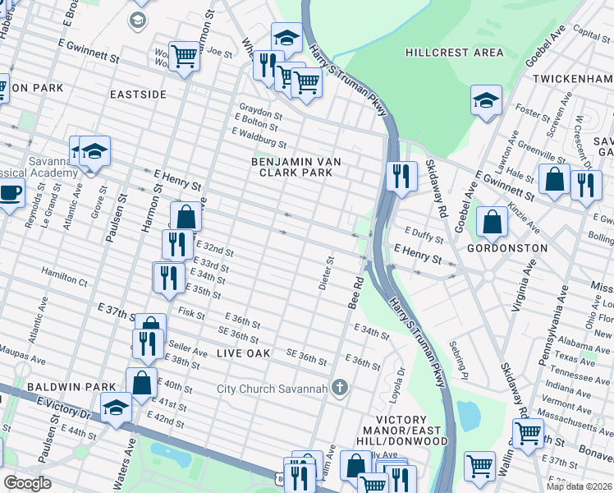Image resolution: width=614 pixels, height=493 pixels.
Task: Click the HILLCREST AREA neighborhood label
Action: tap(454, 53)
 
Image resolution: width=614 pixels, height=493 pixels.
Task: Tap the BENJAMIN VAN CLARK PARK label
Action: tap(296, 168)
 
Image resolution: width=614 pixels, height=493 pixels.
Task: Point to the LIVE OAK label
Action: tap(243, 352)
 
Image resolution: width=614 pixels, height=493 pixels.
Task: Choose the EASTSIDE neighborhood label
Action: tap(138, 94)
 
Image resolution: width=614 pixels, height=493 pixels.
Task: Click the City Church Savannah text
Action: tap(272, 389)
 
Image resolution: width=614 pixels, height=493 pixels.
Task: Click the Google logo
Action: tap(27, 483)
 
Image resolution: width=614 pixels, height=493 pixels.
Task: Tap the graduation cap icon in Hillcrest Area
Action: tap(486, 101)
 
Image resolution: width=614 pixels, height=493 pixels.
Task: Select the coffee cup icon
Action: tap(9, 193)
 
